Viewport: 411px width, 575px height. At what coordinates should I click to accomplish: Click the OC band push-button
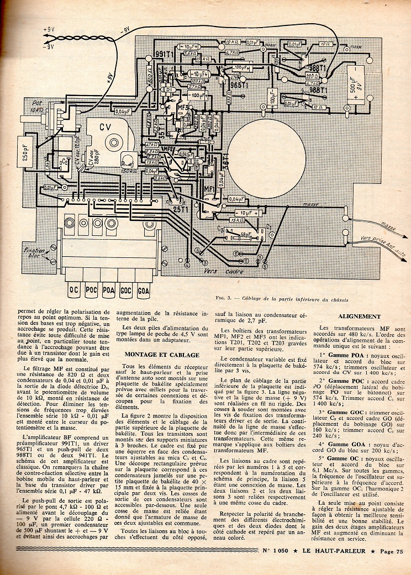pos(72,288)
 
